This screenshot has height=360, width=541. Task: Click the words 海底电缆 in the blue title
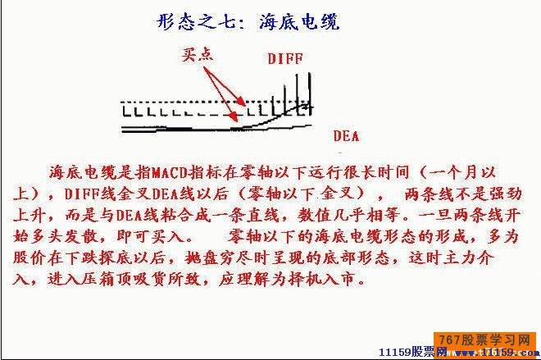point(299,22)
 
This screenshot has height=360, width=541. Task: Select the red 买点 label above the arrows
point(198,55)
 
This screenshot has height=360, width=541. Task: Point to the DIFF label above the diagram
point(285,59)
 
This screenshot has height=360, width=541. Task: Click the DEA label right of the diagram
point(346,135)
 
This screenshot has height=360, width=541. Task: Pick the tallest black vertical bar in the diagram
point(310,93)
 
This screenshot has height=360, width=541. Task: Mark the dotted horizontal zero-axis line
point(216,102)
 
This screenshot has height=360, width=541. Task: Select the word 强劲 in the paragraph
point(506,194)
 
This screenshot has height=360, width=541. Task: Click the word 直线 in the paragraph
point(262,216)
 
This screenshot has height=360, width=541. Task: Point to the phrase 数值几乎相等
point(348,216)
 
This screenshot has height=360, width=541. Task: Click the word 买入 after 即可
point(167,237)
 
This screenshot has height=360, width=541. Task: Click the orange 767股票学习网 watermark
point(484,340)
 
